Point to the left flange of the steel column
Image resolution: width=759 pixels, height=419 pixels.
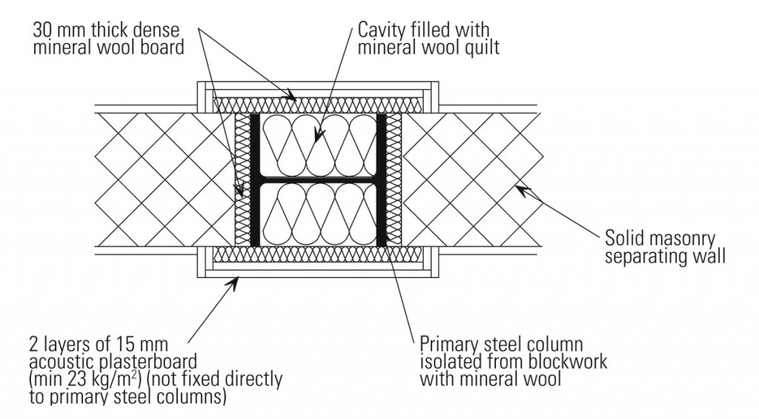pos(254,180)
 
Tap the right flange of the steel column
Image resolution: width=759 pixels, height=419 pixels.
pos(382,180)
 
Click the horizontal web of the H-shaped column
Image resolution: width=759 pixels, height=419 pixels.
pos(319,180)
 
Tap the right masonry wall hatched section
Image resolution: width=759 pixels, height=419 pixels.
pos(474,180)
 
